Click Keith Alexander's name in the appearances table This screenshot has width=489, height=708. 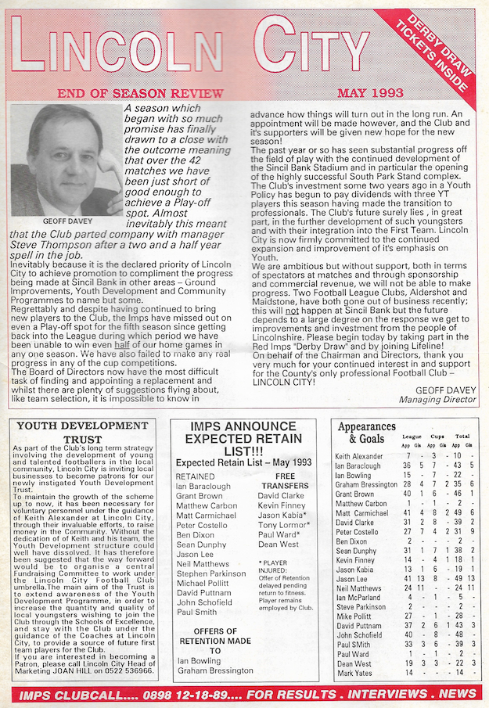click(359, 455)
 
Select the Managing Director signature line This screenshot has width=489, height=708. click(437, 399)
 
